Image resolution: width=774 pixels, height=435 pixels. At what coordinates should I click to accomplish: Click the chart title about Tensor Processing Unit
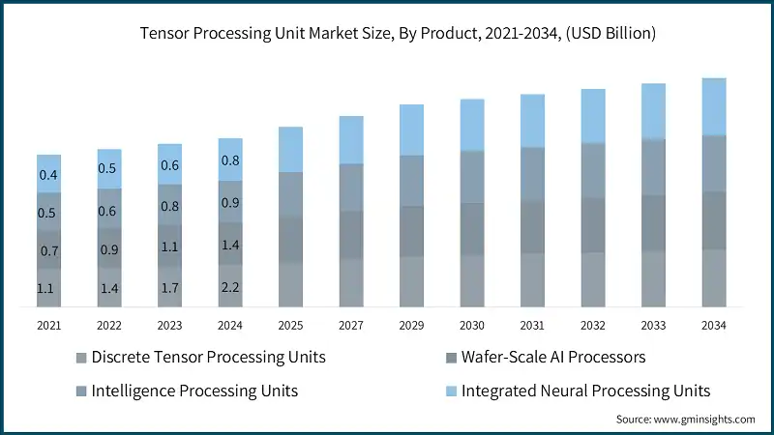click(387, 34)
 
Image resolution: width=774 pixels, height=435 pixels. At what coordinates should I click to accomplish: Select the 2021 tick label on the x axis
click(48, 326)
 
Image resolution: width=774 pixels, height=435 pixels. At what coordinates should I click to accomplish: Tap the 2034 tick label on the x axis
click(714, 326)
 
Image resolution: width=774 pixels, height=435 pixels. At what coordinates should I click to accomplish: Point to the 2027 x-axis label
click(351, 326)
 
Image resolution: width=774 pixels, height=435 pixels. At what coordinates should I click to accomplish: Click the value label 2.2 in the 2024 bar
click(230, 288)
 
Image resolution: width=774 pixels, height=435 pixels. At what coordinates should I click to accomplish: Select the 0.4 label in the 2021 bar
click(48, 175)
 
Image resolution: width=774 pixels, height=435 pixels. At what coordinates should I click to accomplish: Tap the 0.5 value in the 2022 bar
click(109, 169)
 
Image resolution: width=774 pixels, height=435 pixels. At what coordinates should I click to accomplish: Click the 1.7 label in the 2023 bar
click(170, 288)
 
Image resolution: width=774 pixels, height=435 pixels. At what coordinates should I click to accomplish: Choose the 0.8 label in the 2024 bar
click(230, 160)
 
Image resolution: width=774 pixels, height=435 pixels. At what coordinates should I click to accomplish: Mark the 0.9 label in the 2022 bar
click(109, 250)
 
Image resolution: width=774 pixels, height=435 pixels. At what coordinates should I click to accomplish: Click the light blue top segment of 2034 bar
click(714, 106)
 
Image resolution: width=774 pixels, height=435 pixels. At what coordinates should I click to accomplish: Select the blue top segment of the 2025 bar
click(291, 150)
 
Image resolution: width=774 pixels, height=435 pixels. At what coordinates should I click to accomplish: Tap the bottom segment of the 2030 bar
click(472, 280)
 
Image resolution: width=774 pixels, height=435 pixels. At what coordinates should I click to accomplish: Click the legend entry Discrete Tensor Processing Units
click(208, 358)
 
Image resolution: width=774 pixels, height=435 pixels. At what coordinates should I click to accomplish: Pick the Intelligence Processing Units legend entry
click(194, 391)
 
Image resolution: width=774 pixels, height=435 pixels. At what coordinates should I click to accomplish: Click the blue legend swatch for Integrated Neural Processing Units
click(450, 391)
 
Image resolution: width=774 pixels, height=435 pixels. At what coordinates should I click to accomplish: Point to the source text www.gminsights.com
click(685, 420)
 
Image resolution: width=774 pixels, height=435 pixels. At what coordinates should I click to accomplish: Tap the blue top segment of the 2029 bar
click(412, 130)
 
